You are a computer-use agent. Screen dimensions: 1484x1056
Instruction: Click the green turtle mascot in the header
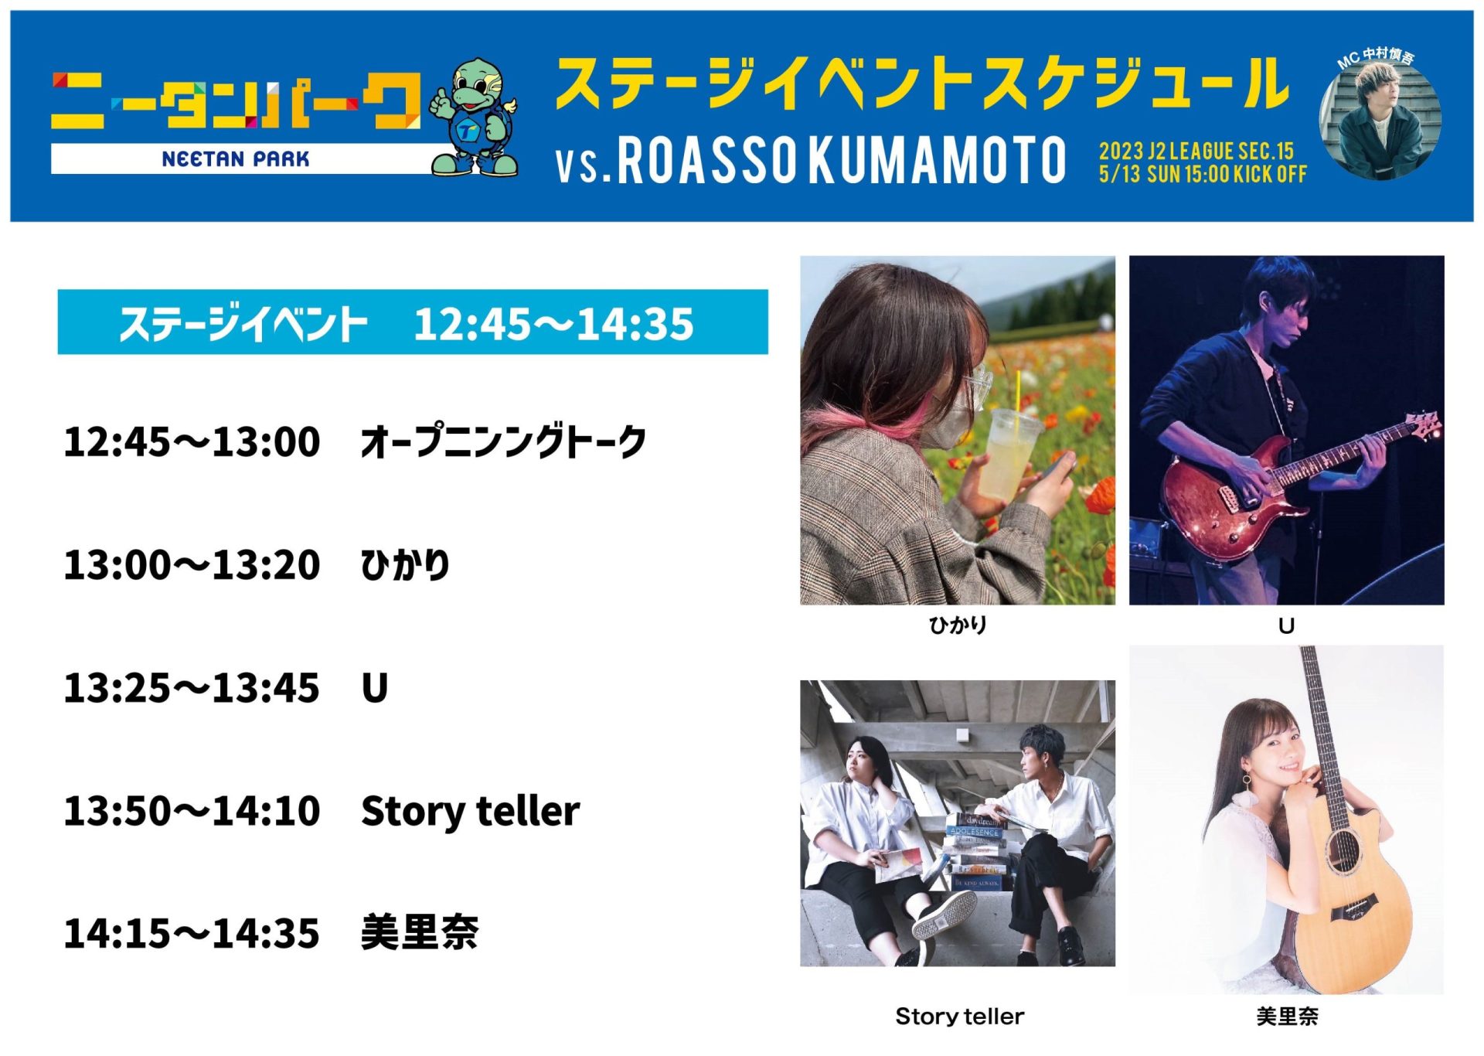(474, 118)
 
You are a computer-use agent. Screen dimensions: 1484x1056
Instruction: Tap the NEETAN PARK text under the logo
(236, 159)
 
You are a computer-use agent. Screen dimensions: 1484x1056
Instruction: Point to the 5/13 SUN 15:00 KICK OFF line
(1203, 174)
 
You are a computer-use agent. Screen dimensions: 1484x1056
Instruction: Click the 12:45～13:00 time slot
(192, 442)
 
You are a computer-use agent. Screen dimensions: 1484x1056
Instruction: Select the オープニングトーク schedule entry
(503, 442)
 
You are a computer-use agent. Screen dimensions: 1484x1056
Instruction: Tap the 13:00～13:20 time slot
(192, 565)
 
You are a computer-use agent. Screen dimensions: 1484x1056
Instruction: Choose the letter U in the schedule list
(375, 688)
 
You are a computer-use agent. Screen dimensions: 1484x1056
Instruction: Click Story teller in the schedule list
(471, 811)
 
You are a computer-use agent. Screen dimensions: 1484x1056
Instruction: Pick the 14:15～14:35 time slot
(192, 933)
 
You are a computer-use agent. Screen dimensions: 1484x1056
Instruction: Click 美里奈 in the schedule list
(420, 932)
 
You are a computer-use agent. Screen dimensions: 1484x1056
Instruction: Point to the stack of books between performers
(975, 850)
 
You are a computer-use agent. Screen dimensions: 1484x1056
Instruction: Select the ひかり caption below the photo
(958, 625)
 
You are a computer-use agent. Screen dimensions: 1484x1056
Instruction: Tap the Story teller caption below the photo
(959, 1016)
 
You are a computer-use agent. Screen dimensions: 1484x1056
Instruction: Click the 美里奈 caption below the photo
(1287, 1016)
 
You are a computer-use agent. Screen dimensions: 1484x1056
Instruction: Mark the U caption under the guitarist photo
(1286, 625)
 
